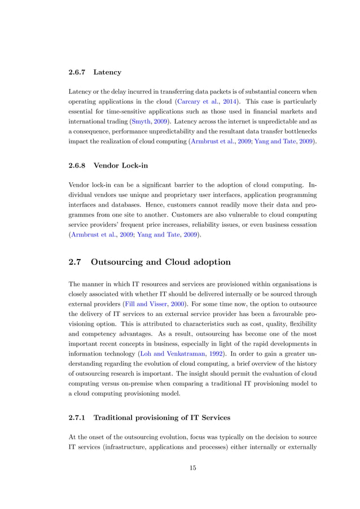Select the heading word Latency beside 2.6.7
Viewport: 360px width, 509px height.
107,72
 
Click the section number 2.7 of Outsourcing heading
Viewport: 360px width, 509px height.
76,261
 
